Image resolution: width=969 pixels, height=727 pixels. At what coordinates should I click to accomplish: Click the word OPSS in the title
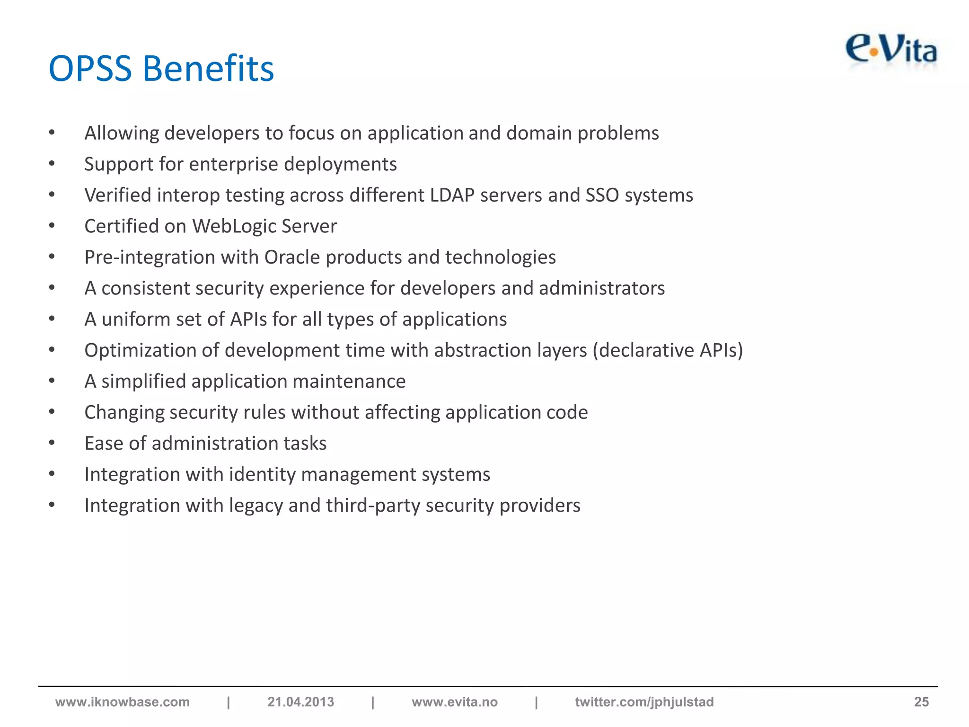point(90,69)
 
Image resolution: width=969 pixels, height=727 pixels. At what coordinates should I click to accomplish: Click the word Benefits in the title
point(208,69)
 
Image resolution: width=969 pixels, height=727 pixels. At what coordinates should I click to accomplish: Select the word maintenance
point(349,381)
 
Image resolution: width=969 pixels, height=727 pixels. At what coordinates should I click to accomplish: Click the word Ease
point(104,443)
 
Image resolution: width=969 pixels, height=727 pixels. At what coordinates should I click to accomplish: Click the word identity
point(259,475)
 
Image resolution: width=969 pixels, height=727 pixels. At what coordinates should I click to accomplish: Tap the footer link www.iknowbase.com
point(123,702)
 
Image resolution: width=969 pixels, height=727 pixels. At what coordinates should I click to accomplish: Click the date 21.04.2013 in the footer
point(300,702)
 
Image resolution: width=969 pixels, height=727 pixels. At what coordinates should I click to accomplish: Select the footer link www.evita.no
point(454,702)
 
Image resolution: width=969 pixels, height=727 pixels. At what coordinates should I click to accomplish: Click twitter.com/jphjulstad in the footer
point(644,702)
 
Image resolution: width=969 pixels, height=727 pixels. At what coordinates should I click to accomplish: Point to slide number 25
point(921,702)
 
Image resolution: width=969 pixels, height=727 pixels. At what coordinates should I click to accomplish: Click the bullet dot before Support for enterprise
point(52,164)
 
